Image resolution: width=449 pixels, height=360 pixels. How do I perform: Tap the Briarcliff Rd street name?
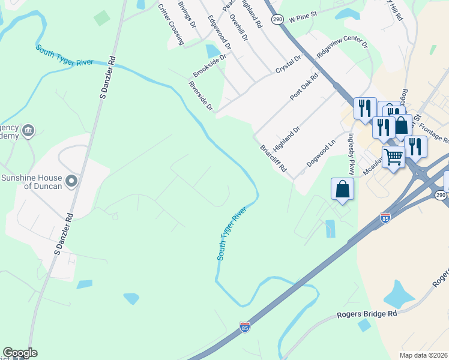(x=273, y=159)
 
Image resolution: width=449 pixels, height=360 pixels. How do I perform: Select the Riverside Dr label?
(x=200, y=96)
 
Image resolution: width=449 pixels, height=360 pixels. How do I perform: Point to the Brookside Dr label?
(x=209, y=65)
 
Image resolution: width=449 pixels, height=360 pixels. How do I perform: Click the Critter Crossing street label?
(x=170, y=25)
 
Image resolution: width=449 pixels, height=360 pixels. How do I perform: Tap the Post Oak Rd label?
(x=304, y=88)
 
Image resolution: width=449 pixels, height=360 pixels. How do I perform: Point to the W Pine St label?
(x=311, y=19)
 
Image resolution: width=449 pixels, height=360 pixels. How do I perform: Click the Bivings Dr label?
(x=187, y=14)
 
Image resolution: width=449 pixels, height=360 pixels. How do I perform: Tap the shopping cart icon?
(x=393, y=158)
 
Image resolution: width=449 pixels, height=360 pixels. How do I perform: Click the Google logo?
(x=20, y=353)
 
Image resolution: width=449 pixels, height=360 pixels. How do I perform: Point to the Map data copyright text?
(x=424, y=355)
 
